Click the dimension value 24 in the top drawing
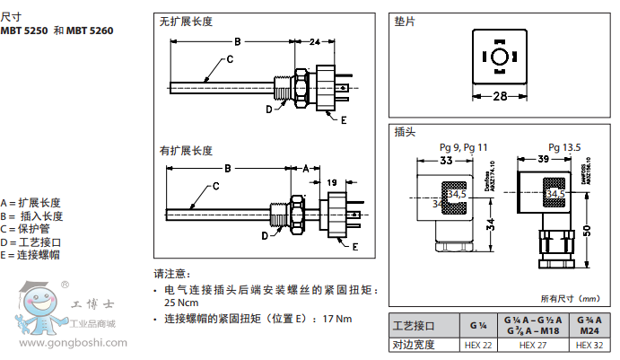click(315, 42)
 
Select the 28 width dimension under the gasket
click(500, 95)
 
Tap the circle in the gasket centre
click(500, 58)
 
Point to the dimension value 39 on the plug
click(543, 160)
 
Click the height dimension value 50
click(587, 231)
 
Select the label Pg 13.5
click(564, 146)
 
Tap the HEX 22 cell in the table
click(478, 345)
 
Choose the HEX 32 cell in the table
click(587, 345)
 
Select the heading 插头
click(405, 131)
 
